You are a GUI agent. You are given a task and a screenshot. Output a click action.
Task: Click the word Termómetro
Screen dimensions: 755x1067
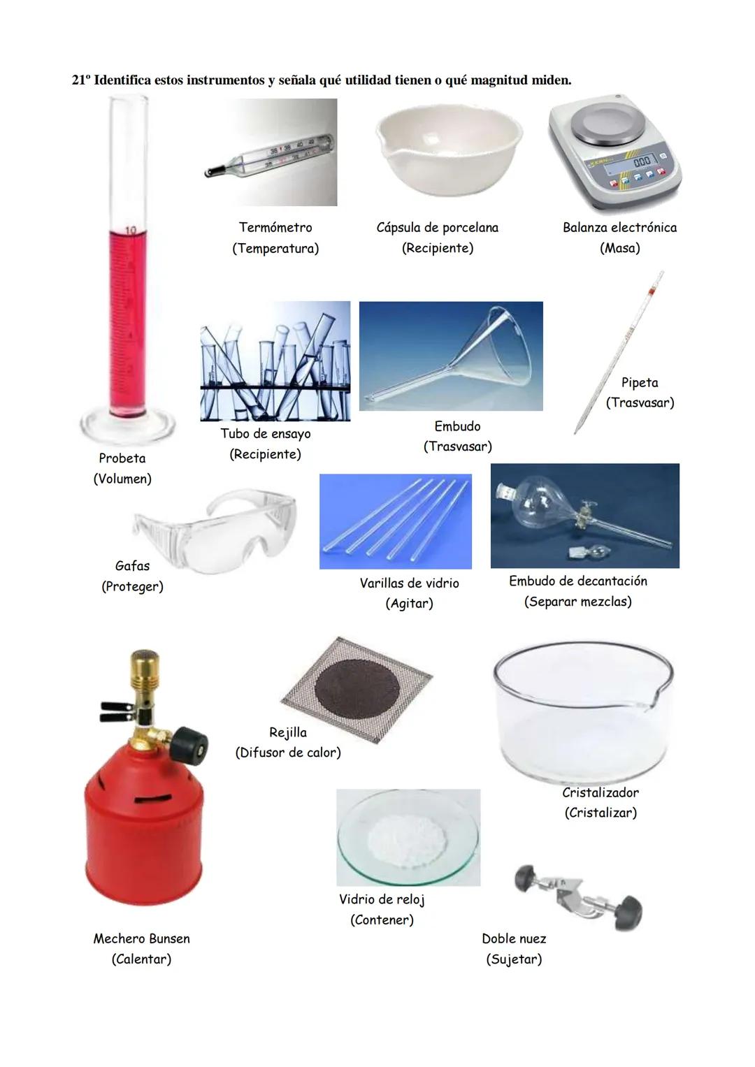tap(275, 227)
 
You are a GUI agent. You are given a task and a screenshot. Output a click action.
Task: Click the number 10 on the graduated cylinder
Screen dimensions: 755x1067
tap(129, 231)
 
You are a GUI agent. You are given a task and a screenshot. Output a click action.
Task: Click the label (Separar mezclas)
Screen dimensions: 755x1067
tap(577, 602)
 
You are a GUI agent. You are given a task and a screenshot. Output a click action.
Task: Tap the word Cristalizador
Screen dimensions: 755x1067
tap(600, 792)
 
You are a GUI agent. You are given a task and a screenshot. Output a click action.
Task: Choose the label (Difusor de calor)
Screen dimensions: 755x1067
tap(288, 753)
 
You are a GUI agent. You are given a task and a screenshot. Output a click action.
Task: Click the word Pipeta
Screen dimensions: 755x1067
tap(640, 382)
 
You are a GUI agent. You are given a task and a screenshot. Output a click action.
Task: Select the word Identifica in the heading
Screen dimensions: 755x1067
tap(122, 80)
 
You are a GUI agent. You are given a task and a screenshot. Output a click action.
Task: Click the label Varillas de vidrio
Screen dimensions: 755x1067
tap(409, 583)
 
